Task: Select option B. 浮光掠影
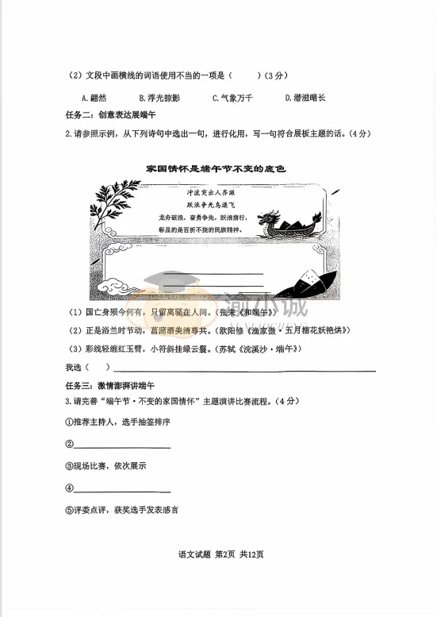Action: [x=159, y=98]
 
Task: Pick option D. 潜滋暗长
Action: [x=305, y=98]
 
